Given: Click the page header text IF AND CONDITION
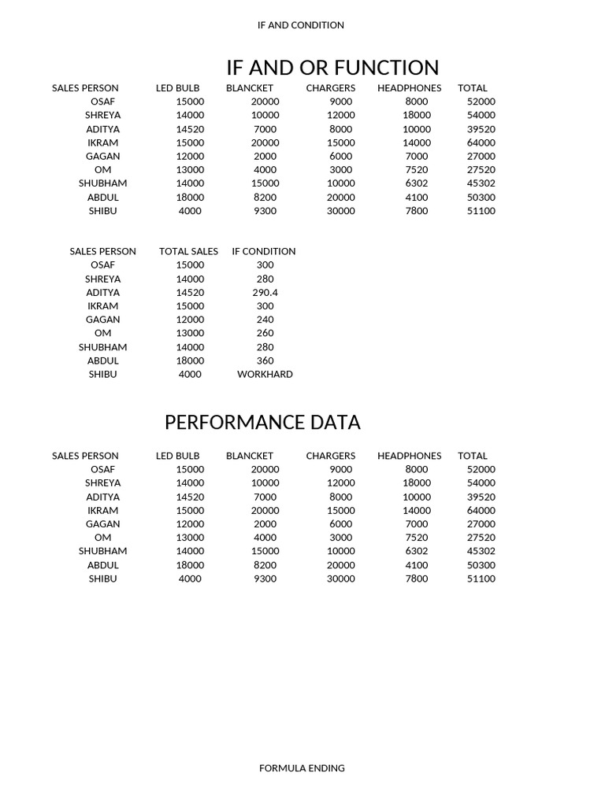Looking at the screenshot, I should point(300,25).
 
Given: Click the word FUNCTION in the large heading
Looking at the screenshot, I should point(386,68).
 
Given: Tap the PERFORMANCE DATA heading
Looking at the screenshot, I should point(262,423).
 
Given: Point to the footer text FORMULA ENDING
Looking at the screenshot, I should point(302,768).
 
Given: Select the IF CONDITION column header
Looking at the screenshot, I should point(264,251).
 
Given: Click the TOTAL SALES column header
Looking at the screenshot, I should point(188,251).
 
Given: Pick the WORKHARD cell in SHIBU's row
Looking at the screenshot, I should point(265,375).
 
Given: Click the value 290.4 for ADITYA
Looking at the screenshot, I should point(265,293).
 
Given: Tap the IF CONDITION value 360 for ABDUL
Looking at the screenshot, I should point(265,360).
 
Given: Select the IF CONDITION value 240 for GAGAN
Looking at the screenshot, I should point(265,320).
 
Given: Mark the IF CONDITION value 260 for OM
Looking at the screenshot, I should point(265,333).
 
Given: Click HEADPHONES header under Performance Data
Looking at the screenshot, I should point(409,456).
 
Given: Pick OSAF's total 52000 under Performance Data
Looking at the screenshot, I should point(481,469).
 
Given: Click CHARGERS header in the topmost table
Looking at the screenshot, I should point(331,88).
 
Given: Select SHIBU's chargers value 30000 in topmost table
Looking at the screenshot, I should point(340,211).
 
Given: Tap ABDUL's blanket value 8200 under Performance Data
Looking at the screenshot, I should point(265,565).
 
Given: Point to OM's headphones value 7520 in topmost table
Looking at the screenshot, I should point(417,170).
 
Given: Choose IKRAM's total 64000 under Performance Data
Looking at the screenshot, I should point(481,510).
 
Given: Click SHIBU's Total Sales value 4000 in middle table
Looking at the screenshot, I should point(190,375).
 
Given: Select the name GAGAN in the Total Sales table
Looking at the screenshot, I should point(103,320).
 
